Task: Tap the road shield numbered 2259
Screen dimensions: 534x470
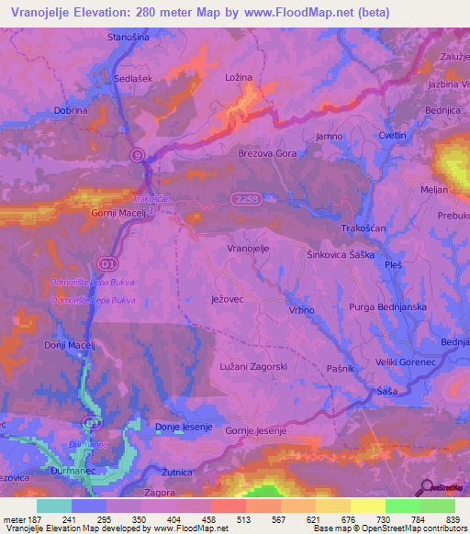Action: pos(243,197)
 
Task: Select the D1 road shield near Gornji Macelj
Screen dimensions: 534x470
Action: pos(108,264)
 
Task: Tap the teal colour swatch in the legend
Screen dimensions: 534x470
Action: pos(53,506)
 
